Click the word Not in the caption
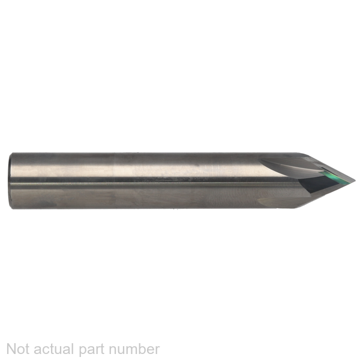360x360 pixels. tap(18, 349)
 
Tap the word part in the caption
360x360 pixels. tap(92, 350)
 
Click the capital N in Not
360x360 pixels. tap(11, 349)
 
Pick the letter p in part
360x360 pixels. tap(83, 352)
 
